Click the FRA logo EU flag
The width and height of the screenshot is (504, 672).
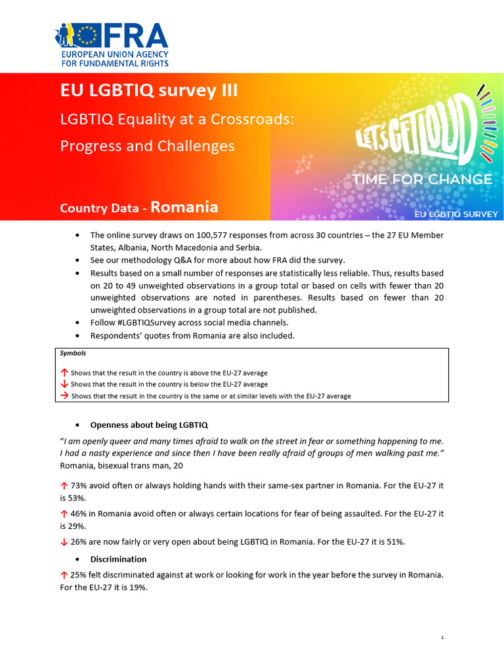click(93, 34)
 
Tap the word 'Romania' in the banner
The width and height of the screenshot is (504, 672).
click(184, 207)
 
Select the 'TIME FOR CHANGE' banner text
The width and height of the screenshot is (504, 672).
click(422, 179)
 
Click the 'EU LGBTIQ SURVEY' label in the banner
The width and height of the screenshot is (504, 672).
click(455, 214)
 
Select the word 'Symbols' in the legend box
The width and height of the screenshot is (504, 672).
click(73, 353)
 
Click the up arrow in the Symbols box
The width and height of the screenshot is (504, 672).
click(64, 372)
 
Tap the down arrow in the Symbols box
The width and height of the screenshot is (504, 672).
click(64, 384)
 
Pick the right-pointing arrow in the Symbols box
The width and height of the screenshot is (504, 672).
click(64, 396)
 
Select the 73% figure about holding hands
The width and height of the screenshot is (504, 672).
click(79, 485)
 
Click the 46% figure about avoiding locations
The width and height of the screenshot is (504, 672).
click(79, 513)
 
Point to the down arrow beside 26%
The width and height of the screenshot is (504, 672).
click(64, 541)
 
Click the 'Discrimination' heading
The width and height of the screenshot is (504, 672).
click(118, 559)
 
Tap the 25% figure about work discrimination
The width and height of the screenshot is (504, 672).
click(79, 575)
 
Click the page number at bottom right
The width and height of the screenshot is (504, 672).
click(443, 637)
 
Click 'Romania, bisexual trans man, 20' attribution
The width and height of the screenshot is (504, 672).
click(121, 465)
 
